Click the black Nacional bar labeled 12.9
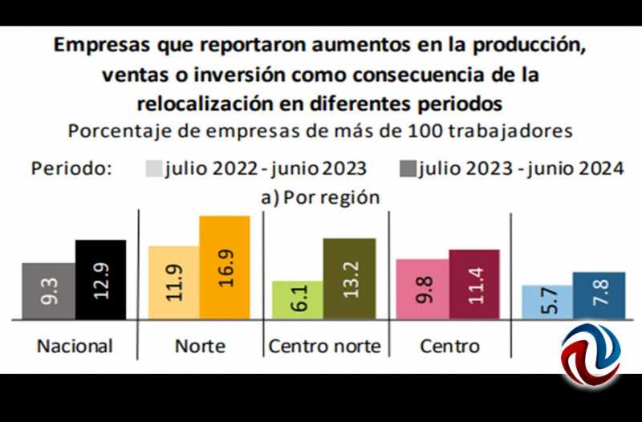pos(101,279)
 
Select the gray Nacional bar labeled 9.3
pos(49,291)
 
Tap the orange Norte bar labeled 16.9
pos(225,267)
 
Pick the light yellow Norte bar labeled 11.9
pos(174,282)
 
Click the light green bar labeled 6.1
pos(298,300)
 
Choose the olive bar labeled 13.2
pos(349,278)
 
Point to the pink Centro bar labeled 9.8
pos(423,289)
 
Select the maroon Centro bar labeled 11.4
pos(474,284)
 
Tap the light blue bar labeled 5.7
pos(547,302)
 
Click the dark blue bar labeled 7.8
pos(599,295)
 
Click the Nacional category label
pos(75,347)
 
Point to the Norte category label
pos(200,347)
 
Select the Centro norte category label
pos(325,347)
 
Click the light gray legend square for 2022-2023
pos(154,168)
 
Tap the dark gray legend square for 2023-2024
pos(408,168)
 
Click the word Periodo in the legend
pos(71,168)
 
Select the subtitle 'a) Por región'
pos(320,197)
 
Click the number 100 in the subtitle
pos(425,132)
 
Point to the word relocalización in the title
pos(205,103)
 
